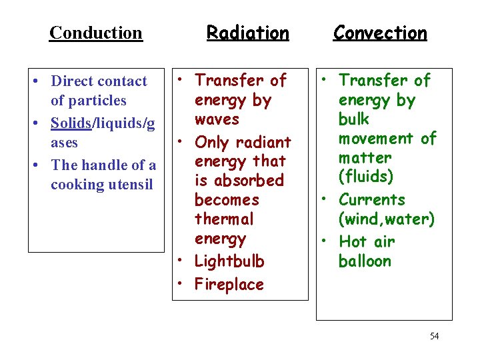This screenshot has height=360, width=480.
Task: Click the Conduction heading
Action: click(96, 32)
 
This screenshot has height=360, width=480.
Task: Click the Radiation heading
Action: click(248, 32)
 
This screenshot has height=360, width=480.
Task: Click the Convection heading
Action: click(380, 32)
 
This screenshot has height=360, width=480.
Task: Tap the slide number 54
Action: click(434, 336)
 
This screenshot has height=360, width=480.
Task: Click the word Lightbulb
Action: click(229, 261)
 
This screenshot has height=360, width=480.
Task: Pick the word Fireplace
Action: click(229, 285)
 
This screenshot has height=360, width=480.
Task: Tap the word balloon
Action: click(365, 261)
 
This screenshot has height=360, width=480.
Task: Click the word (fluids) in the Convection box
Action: click(365, 177)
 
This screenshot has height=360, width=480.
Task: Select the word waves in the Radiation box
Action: click(217, 119)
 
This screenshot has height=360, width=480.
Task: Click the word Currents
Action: click(372, 200)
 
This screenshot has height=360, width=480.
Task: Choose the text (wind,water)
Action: click(387, 219)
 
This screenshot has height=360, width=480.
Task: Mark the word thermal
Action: click(224, 219)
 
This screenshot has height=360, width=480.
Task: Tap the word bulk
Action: click(353, 119)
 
